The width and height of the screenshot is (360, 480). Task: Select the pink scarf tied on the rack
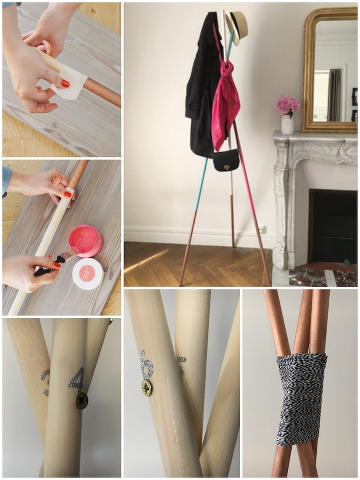(226, 100)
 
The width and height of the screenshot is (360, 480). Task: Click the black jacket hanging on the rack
(202, 87)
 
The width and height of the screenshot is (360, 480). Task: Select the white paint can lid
(87, 273)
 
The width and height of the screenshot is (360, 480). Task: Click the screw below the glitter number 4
(82, 400)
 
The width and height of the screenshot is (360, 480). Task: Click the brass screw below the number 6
(147, 387)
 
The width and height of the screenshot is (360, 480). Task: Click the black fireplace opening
(332, 226)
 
